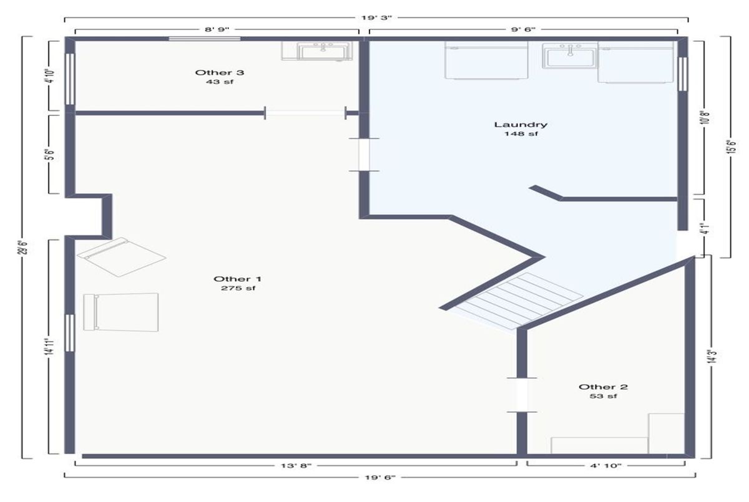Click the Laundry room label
point(521,125)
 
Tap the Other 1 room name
point(237,279)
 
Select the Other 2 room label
point(603,387)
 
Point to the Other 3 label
point(219,72)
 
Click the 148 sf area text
point(521,133)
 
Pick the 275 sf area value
point(238,288)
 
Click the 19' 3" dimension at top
point(376,17)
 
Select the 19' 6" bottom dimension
point(380,477)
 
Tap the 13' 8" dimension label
point(296,465)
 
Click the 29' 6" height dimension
point(22,247)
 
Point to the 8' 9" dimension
point(217,29)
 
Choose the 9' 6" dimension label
point(523,29)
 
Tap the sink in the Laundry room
point(570,56)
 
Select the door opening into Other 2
point(522,395)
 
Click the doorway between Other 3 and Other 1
point(305,113)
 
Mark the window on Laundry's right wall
point(683,74)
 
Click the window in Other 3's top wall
point(205,39)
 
